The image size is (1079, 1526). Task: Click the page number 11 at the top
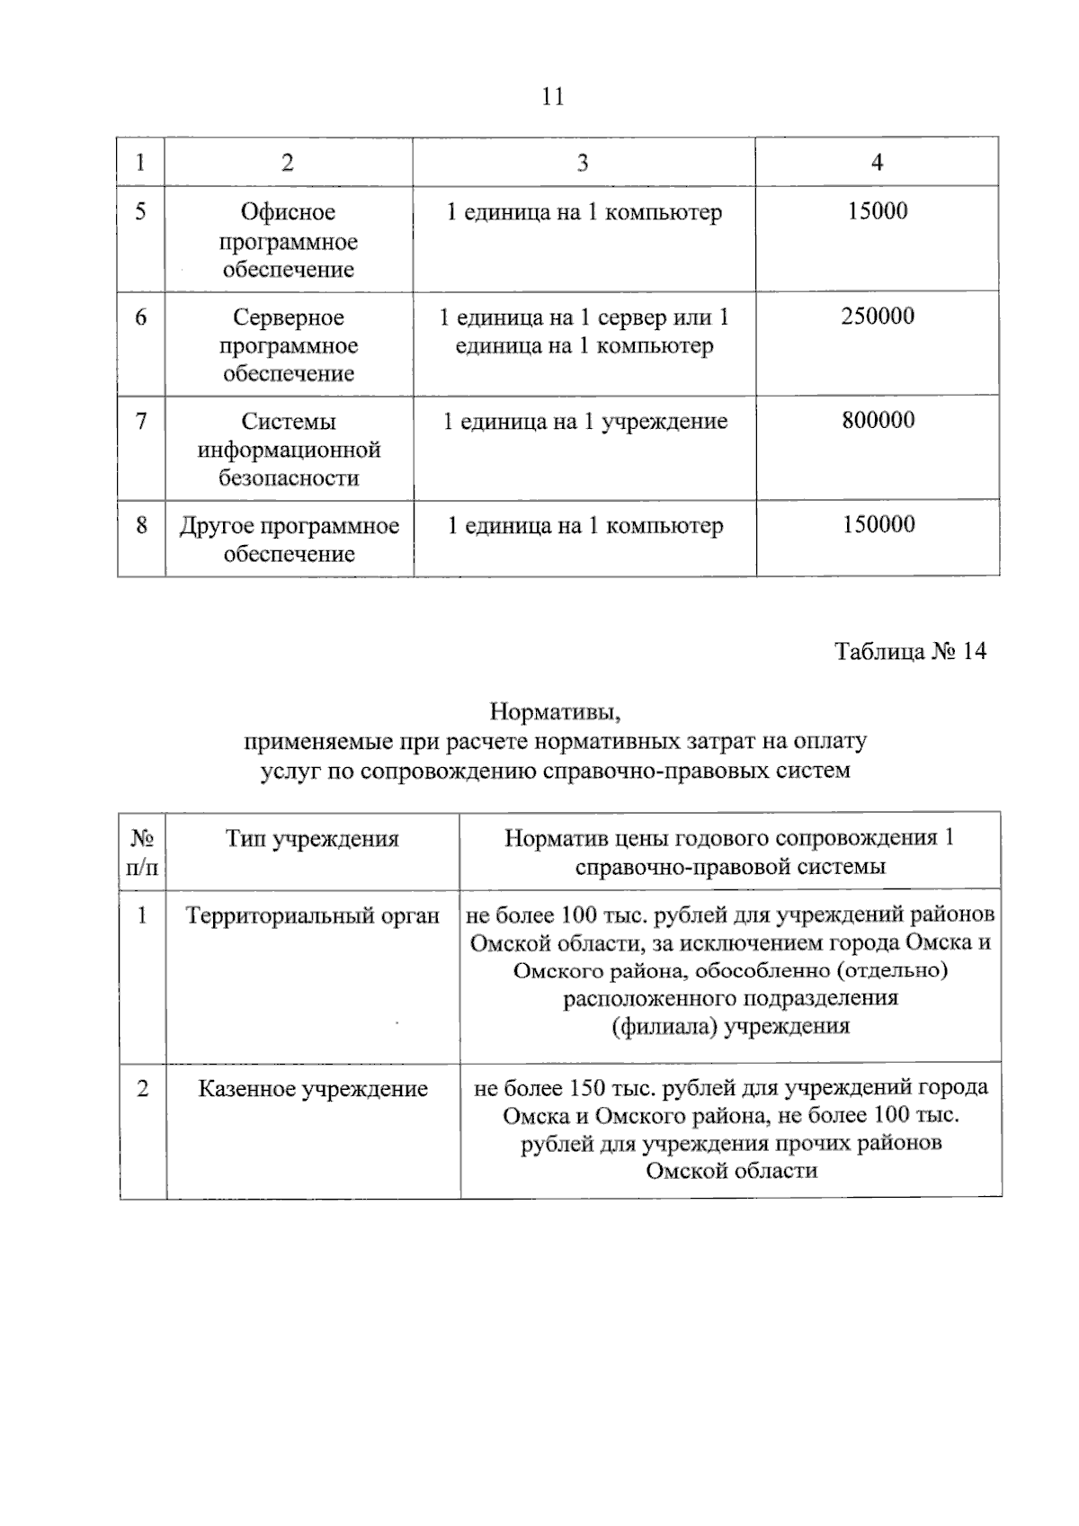pos(553,97)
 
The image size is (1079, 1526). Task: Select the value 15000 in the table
pos(877,211)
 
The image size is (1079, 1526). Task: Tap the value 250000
pos(877,317)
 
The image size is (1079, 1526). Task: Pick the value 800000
pos(878,421)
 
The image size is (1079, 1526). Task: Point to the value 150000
pos(878,525)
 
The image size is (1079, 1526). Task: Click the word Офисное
pos(288,212)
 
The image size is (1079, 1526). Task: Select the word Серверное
pos(288,317)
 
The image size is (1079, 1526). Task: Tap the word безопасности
pos(288,478)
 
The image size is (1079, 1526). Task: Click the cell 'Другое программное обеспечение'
pos(289,540)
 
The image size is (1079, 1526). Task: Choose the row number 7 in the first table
pos(141,421)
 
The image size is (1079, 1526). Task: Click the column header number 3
pos(583,162)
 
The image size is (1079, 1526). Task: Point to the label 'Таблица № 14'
pos(910,651)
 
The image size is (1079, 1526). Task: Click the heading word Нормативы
pos(556,712)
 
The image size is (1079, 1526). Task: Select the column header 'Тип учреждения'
pos(311,839)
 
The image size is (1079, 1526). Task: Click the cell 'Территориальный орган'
pos(312,915)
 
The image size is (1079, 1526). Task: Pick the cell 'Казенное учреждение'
pos(312,1089)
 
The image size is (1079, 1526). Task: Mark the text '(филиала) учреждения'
pos(730,1026)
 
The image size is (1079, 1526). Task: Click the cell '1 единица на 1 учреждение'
pos(584,422)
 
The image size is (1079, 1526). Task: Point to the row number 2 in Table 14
pos(142,1089)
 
